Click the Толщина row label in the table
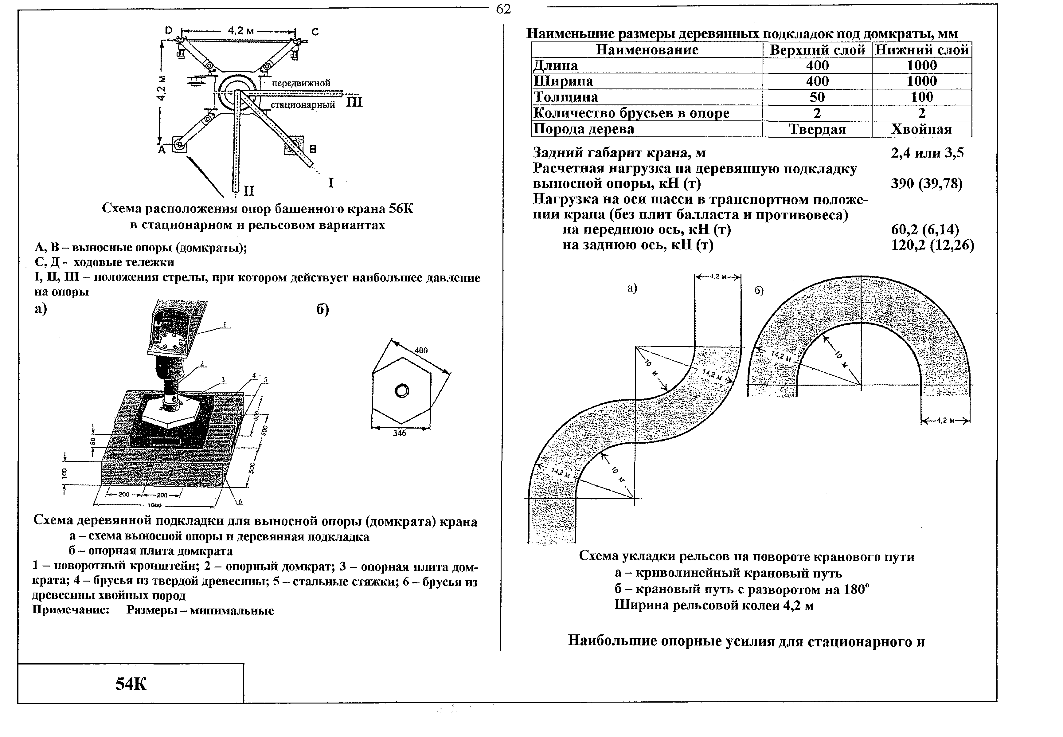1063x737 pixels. (x=565, y=97)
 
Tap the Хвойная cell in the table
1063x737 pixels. (x=921, y=129)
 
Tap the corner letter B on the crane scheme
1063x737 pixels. (x=313, y=149)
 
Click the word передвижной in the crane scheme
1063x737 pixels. (x=301, y=83)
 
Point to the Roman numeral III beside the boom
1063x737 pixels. (x=354, y=102)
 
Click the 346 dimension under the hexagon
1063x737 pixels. (x=399, y=433)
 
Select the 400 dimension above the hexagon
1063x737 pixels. (x=421, y=350)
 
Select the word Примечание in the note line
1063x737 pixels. (x=71, y=610)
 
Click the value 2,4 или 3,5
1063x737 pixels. (x=927, y=153)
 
